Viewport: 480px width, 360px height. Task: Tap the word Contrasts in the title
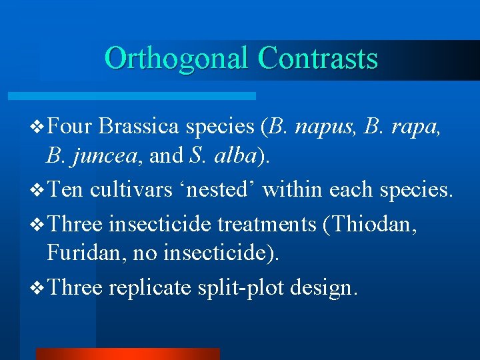(x=317, y=59)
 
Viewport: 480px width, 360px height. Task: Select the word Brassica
(x=140, y=126)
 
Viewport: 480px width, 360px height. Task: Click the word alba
(x=235, y=156)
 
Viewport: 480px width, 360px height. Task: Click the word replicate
(x=151, y=287)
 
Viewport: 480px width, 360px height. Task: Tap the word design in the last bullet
(x=326, y=287)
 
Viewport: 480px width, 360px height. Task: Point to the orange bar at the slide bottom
(x=127, y=353)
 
